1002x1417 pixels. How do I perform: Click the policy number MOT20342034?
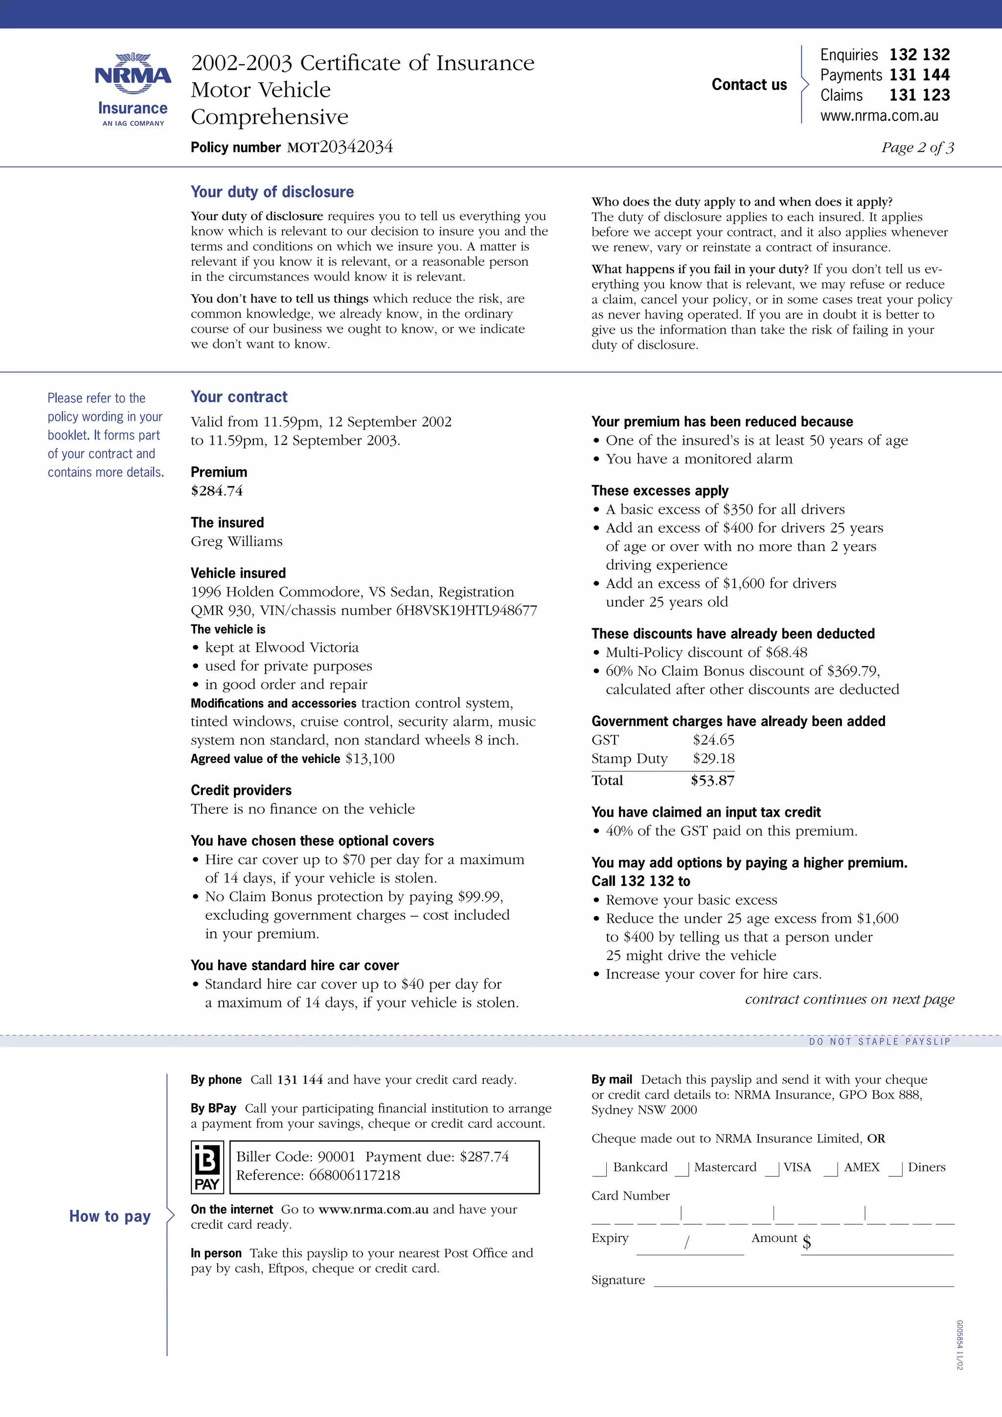[340, 147]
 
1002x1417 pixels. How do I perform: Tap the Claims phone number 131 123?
[919, 95]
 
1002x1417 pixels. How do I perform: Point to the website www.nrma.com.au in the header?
[879, 115]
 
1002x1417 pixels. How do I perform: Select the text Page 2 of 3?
[917, 147]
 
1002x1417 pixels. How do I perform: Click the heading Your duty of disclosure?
[272, 192]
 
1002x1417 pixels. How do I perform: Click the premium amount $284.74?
[217, 491]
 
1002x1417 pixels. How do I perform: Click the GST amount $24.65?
[713, 739]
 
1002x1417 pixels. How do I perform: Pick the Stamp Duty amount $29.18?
[713, 758]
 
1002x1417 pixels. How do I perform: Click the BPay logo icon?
[206, 1167]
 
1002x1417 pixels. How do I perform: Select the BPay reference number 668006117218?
[354, 1175]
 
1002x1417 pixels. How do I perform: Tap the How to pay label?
[110, 1216]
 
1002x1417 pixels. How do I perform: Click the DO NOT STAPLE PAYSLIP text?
[879, 1042]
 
